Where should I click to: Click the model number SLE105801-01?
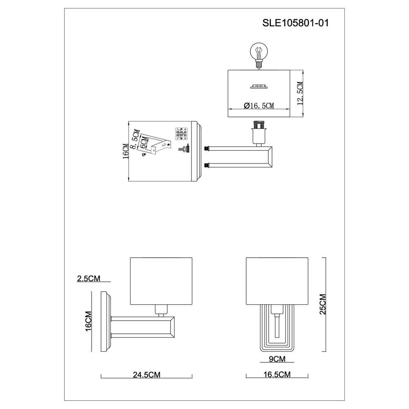pos(296,23)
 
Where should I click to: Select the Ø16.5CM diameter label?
pos(259,106)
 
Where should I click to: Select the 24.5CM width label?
pos(146,375)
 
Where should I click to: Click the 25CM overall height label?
pos(323,304)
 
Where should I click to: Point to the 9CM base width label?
pos(277,359)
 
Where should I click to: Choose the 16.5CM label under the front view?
pos(277,374)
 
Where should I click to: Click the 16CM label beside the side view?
pos(88,321)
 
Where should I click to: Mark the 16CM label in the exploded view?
pos(126,151)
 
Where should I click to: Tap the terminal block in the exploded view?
pos(181,134)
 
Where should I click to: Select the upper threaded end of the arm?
pos(207,148)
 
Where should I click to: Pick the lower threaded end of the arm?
pos(207,165)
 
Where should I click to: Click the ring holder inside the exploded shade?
pos(259,86)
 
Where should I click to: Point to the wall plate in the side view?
pos(106,321)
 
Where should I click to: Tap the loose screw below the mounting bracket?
pos(143,155)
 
